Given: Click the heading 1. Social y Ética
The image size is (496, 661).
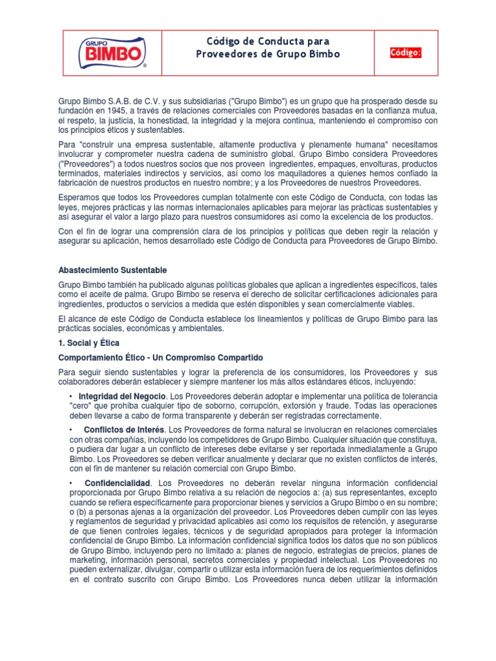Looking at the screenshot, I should [88, 343].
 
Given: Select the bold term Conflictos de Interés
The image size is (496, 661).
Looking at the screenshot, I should [124, 430].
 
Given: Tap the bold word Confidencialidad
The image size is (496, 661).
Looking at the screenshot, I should [118, 483].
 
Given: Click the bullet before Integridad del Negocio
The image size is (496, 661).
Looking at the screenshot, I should [70, 396].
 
